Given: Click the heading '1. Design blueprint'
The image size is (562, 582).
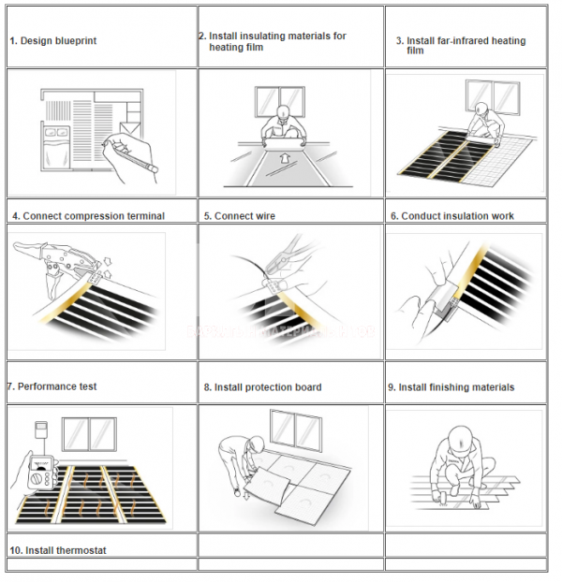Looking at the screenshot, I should point(53,41).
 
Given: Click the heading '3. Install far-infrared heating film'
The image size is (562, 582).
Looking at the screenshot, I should point(460,45).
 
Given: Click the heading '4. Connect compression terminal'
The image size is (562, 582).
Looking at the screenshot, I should point(88,216).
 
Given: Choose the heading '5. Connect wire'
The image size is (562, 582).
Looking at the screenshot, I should point(240,216).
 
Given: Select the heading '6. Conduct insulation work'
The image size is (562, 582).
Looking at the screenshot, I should point(452,216).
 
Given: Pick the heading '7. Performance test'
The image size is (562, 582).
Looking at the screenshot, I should point(52,386).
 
